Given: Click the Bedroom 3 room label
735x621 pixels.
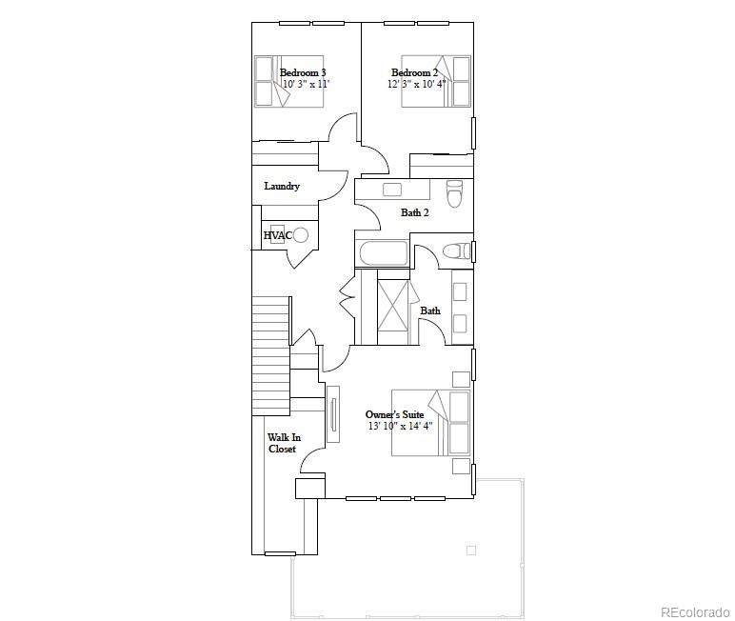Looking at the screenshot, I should click(x=303, y=72).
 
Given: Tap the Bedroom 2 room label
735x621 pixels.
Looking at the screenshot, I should click(x=415, y=72).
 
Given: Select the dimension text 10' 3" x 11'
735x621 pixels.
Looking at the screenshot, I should click(x=306, y=84).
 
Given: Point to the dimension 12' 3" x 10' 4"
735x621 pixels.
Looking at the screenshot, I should click(x=416, y=84).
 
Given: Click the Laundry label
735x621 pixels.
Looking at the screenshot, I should click(x=282, y=186).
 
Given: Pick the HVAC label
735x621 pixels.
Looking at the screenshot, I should click(x=276, y=235).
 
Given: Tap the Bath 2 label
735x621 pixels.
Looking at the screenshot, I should click(x=414, y=212).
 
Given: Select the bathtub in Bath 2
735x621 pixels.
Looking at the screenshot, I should click(x=383, y=253).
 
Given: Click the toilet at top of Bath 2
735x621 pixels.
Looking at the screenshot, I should click(x=454, y=193).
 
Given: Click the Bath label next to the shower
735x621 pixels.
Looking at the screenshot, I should click(x=430, y=310).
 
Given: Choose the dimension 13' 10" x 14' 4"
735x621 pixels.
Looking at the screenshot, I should click(x=400, y=426).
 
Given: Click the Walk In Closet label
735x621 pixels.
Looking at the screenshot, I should click(x=283, y=443).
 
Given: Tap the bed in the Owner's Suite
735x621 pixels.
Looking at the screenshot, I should click(x=431, y=422).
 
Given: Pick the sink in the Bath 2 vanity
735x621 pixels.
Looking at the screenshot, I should click(x=392, y=190).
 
